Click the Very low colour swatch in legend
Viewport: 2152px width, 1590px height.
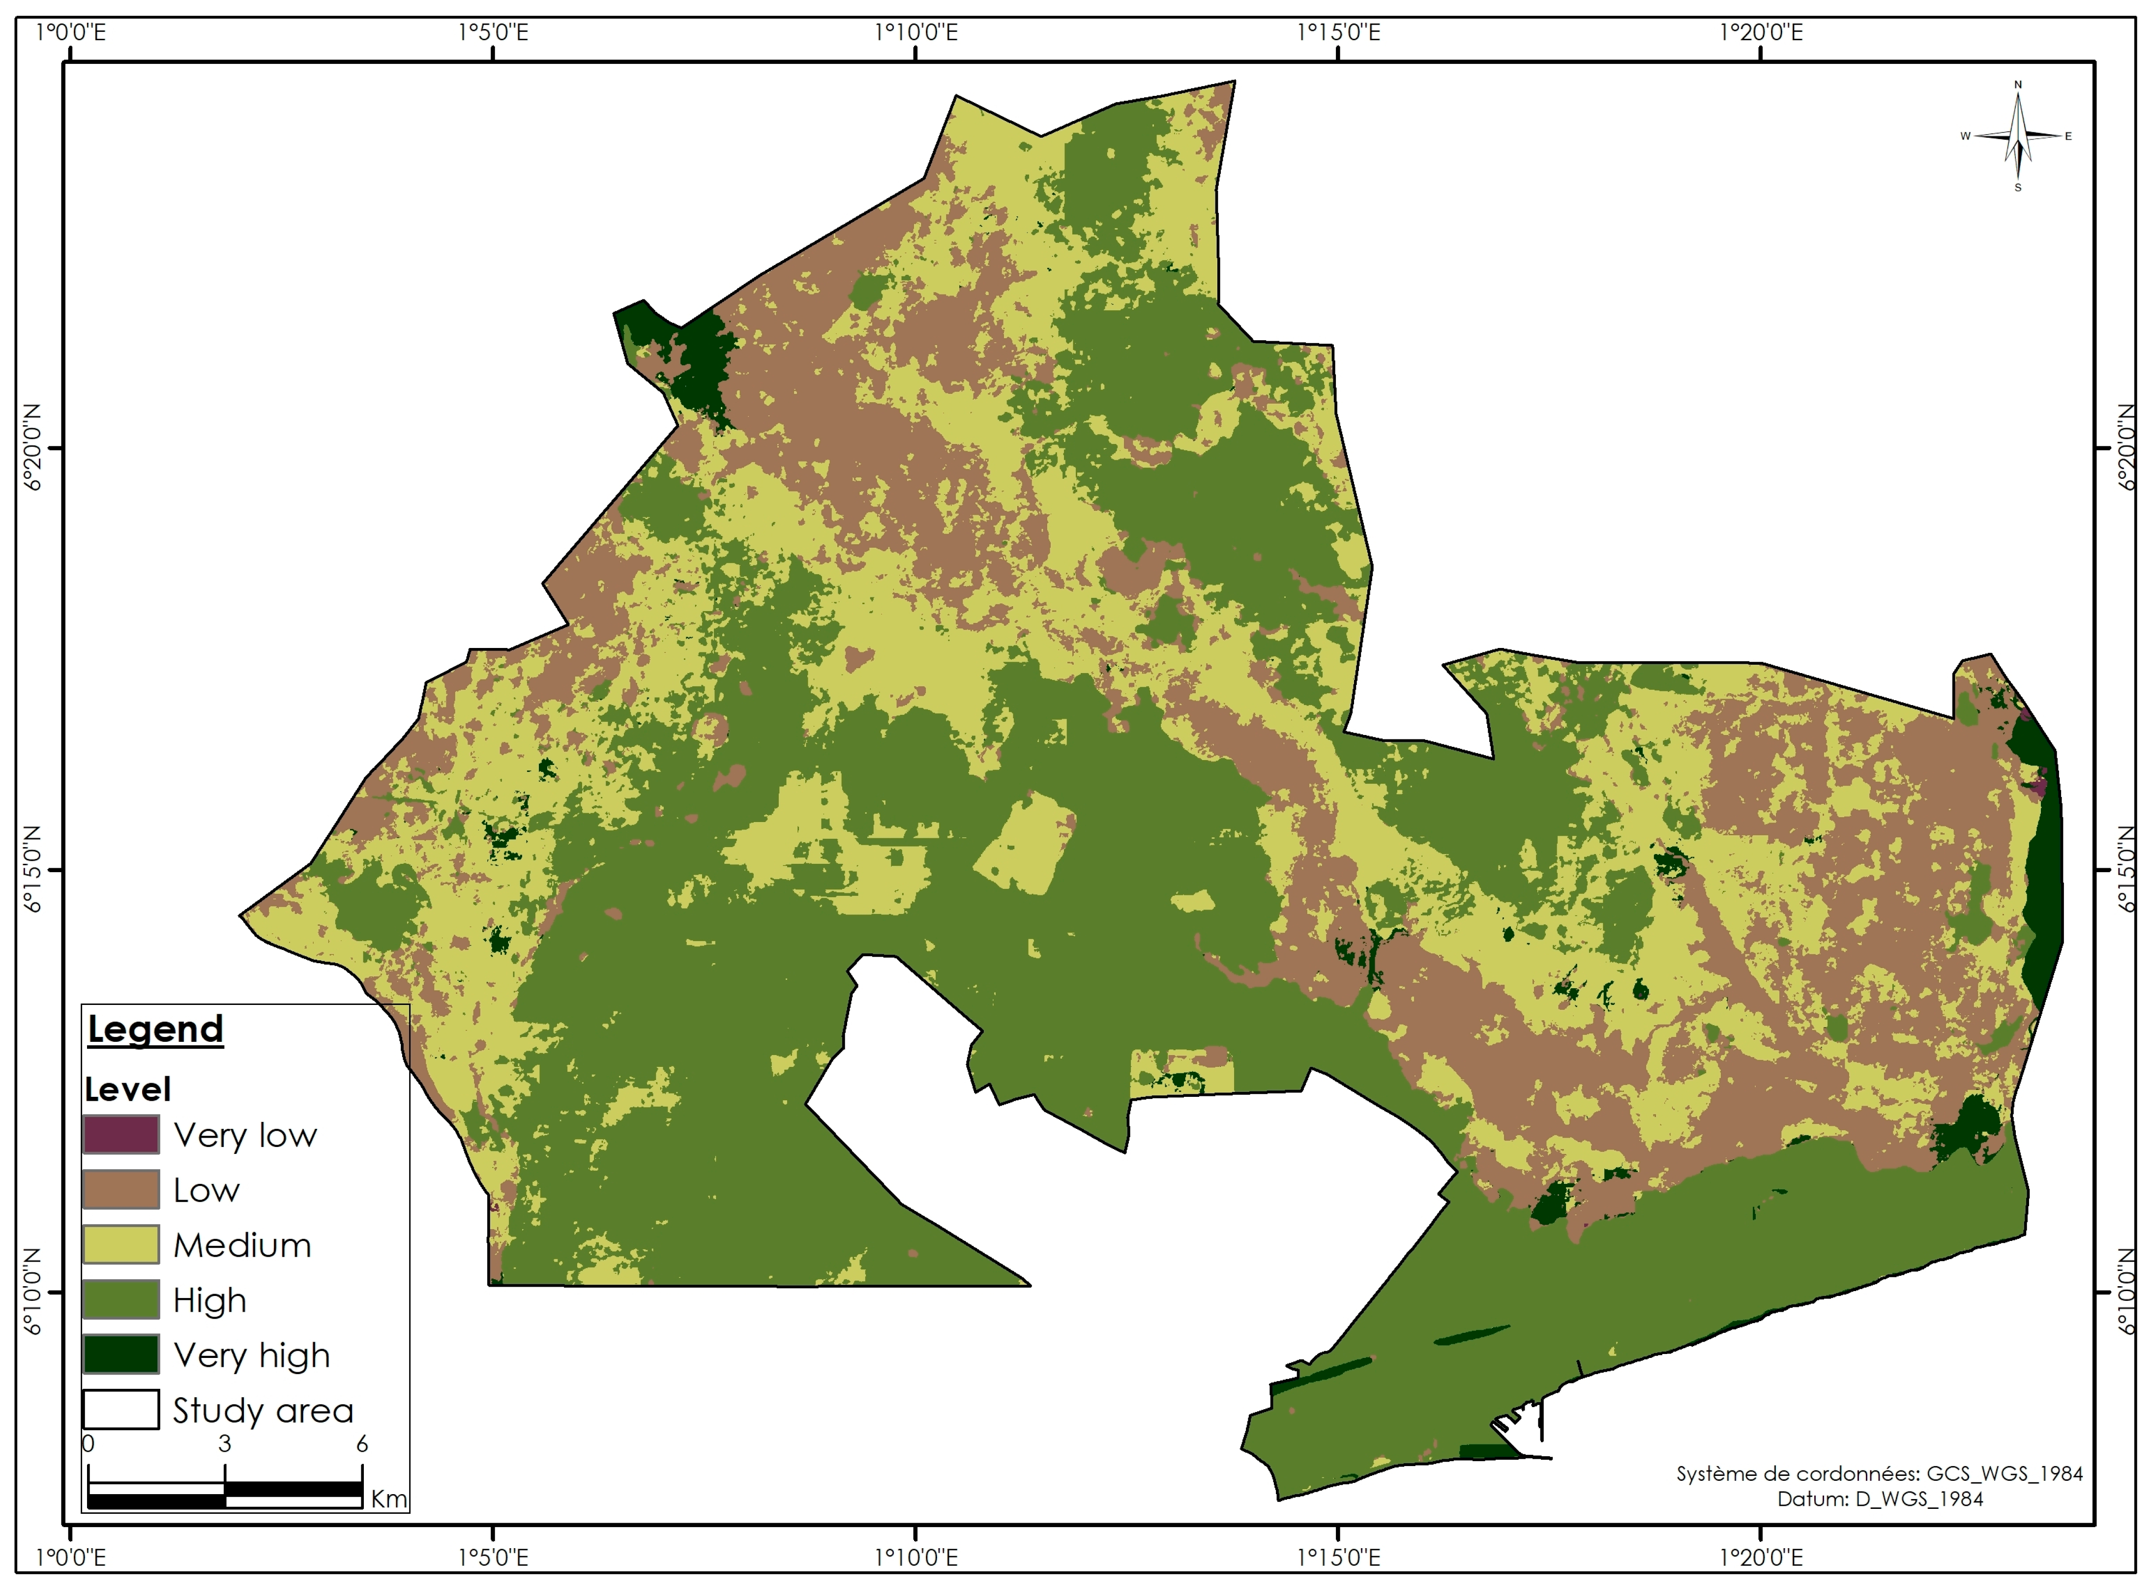(120, 1135)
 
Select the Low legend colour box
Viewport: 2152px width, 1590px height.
(120, 1190)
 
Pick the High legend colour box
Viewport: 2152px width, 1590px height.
(120, 1299)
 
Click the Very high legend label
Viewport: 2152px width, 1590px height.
(252, 1355)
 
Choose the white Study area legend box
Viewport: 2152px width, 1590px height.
(120, 1410)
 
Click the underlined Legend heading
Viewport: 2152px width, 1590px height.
(155, 1029)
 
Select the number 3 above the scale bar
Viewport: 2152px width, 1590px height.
(224, 1443)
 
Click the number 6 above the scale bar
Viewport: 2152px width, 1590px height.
(362, 1443)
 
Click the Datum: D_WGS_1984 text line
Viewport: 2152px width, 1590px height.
(1880, 1499)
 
